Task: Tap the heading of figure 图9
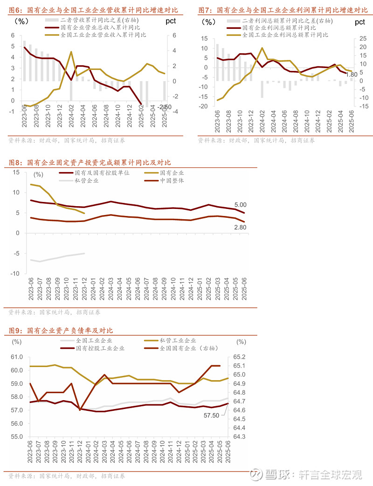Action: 61,331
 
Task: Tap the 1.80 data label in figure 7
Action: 352,74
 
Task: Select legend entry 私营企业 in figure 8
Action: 86,181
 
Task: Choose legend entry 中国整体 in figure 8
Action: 172,181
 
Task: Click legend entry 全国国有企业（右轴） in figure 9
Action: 188,348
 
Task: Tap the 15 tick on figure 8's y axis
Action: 16,172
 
